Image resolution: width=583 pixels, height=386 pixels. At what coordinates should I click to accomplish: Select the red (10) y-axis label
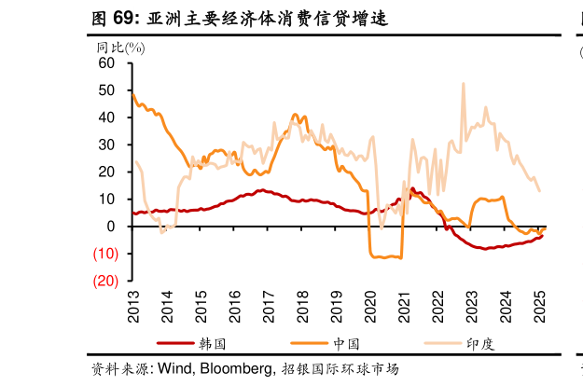104,254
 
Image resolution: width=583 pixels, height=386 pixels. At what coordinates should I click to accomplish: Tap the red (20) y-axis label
104,281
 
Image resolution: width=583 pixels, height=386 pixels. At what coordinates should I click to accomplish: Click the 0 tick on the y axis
111,227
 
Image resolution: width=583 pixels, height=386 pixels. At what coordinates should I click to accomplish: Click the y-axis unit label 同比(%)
119,47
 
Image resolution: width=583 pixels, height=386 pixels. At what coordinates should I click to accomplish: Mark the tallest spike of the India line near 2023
464,83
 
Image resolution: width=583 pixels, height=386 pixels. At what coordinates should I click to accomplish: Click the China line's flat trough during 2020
385,256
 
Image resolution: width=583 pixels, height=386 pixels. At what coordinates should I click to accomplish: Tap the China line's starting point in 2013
133,93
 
